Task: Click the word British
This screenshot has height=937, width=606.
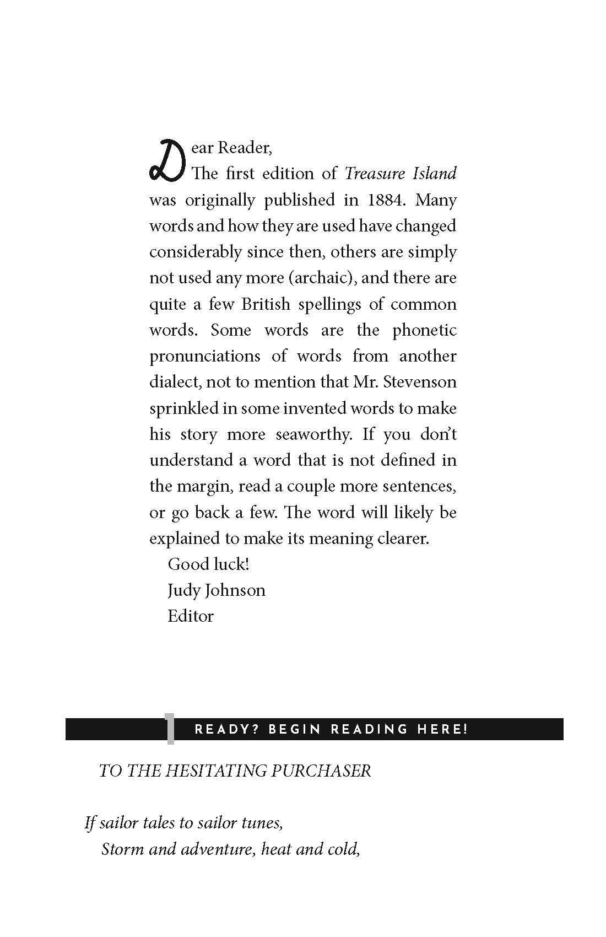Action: (x=266, y=304)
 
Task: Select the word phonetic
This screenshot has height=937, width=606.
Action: (x=424, y=330)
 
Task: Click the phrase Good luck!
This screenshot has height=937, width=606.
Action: (x=208, y=564)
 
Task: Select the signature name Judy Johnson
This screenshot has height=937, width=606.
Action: (x=217, y=590)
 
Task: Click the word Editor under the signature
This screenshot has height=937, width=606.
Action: (x=191, y=616)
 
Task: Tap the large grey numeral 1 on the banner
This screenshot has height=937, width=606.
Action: (x=170, y=729)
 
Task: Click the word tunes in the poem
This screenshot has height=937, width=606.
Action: (x=262, y=823)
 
